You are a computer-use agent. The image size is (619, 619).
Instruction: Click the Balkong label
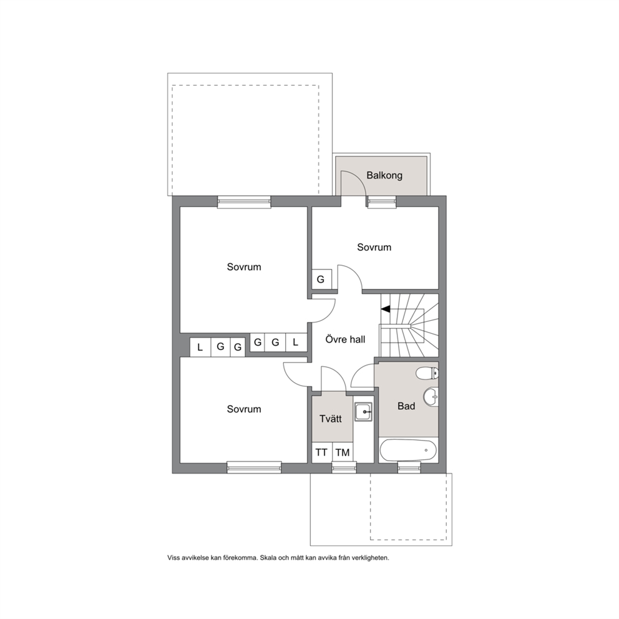coord(384,175)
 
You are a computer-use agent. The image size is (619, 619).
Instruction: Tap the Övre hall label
coord(345,339)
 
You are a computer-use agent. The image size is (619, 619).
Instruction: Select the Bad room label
coord(406,406)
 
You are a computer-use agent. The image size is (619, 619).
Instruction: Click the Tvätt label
coord(331,419)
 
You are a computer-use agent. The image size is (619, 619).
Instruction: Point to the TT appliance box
coord(322,452)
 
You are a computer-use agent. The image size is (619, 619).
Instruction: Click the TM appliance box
coord(343,452)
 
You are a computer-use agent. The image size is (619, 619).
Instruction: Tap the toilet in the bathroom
coord(427,373)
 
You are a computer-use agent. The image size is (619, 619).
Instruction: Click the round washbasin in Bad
coord(431,396)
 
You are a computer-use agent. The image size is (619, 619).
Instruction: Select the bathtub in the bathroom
coord(408,450)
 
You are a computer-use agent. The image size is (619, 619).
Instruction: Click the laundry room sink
coord(363,412)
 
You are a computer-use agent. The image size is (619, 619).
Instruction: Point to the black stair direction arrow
coord(385,309)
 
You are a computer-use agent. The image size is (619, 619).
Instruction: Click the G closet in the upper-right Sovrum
coord(321,280)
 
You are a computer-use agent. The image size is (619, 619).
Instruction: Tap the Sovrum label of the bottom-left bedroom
coord(244,409)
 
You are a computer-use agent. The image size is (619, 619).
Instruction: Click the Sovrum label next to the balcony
coord(374,247)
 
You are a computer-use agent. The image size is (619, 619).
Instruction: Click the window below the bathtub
coord(409,468)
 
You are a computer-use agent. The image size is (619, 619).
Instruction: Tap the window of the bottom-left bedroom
coord(254,468)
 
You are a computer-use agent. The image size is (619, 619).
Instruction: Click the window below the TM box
coord(344,468)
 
